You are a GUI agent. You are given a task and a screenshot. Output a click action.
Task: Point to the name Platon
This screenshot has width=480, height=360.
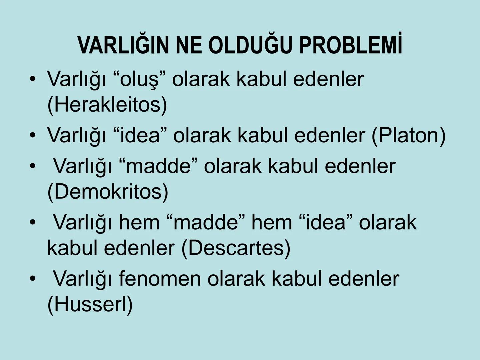tap(408, 135)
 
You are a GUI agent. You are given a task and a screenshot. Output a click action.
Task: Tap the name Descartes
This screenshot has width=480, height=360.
tap(236, 248)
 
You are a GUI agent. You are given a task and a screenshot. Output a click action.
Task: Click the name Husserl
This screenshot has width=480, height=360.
tap(90, 304)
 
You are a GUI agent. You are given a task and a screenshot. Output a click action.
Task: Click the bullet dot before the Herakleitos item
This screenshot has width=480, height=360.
tap(32, 79)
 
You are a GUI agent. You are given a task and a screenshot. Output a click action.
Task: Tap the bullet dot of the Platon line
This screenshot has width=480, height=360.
tap(32, 135)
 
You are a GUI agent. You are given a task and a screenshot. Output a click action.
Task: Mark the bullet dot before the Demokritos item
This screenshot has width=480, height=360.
tap(32, 166)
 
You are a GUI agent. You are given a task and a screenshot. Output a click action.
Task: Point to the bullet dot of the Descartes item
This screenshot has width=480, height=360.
tap(32, 222)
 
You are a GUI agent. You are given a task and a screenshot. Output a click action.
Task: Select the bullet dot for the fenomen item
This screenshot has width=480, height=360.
tap(32, 279)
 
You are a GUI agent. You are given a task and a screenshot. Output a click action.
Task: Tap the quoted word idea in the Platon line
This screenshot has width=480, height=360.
tap(140, 135)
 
